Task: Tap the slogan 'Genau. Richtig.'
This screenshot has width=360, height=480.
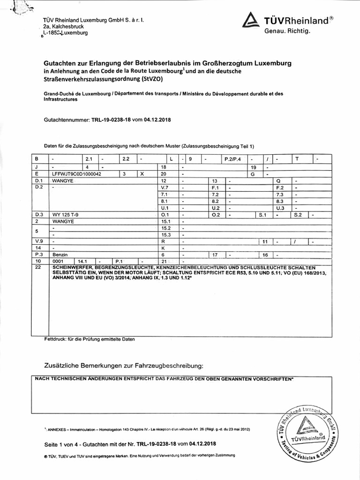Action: coord(287,31)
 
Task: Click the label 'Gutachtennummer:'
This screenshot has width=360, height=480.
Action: coord(64,120)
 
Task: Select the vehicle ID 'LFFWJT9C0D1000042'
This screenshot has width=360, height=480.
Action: coord(76,173)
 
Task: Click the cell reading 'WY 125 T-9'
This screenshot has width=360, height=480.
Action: coord(65,214)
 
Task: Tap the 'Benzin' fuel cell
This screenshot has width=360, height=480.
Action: coord(60,254)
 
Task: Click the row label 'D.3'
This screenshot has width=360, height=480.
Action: coord(39,214)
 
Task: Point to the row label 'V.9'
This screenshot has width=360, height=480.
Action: coord(39,241)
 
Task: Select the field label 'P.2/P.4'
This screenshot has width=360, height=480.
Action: coord(232,159)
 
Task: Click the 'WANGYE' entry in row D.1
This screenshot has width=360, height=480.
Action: coord(64,180)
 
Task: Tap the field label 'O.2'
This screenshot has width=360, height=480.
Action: coord(216,214)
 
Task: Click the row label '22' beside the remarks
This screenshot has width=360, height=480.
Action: coord(38,267)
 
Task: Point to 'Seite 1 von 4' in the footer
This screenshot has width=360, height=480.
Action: coord(60,443)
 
